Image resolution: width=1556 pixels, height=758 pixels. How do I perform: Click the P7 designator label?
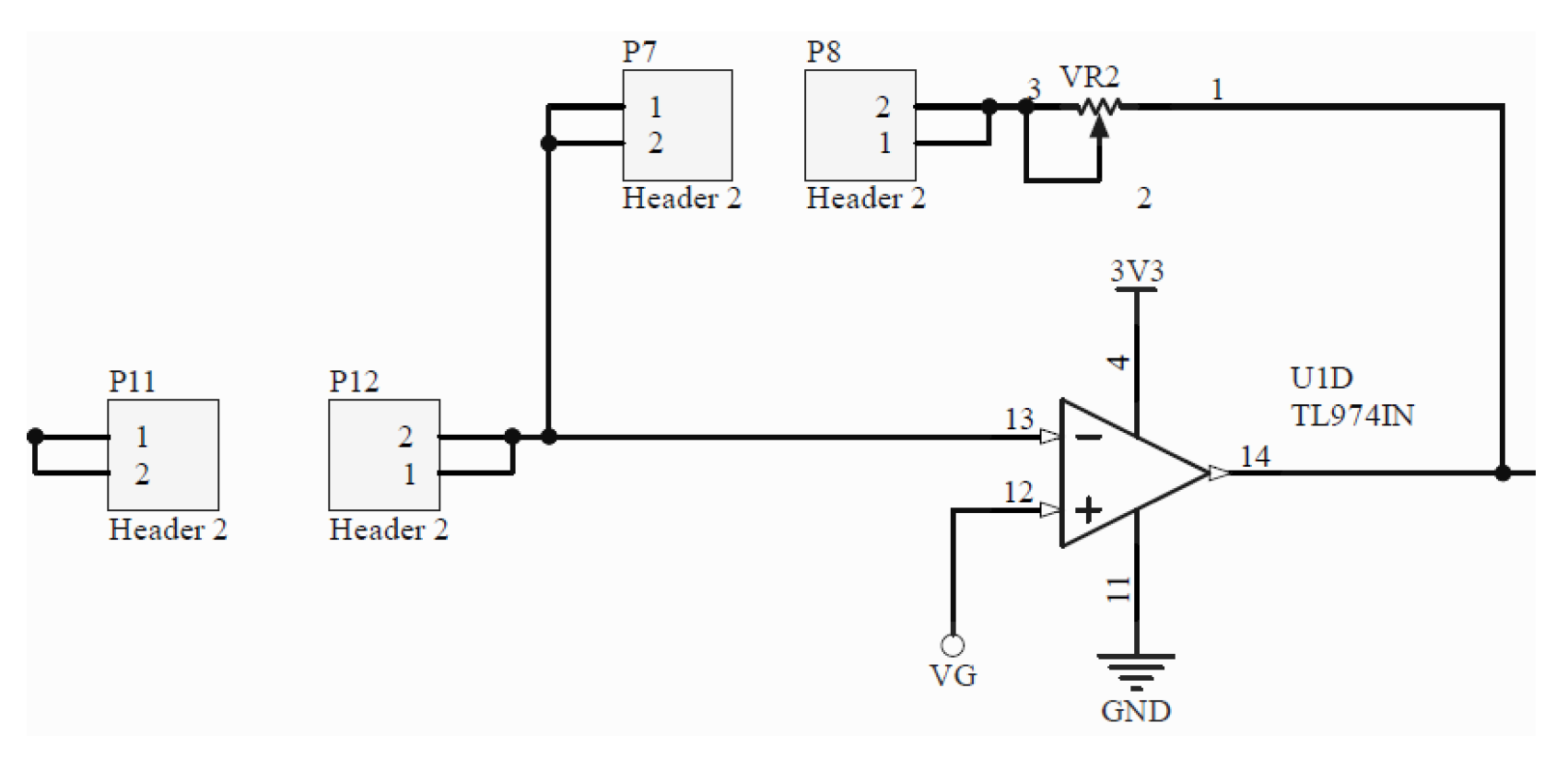point(639,52)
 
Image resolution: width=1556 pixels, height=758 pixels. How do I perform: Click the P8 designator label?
point(823,52)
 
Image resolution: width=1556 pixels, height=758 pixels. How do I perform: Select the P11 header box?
point(163,455)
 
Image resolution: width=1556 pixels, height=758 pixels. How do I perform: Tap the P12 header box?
point(384,455)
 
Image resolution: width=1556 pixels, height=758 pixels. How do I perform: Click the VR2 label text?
point(1089,76)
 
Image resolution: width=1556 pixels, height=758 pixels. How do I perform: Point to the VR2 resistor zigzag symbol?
point(1099,107)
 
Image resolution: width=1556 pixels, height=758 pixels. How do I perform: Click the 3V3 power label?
point(1136,272)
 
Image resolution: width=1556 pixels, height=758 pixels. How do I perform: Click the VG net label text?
point(953,676)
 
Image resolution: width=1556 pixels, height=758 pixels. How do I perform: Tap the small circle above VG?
point(953,645)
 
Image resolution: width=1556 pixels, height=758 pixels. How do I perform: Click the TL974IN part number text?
point(1351,415)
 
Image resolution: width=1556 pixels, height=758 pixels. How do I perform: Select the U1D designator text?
point(1321,379)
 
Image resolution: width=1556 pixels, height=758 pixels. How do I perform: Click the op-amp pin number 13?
point(1019,419)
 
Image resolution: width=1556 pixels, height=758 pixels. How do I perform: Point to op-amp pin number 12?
point(1018,492)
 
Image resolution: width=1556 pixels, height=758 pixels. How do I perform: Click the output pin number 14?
point(1255,456)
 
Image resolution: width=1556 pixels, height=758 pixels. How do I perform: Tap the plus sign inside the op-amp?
point(1088,509)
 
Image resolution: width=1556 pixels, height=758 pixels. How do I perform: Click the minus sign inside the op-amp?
point(1088,437)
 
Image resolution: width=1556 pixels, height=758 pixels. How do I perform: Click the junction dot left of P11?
point(35,436)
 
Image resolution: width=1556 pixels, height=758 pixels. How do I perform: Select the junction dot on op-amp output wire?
point(1503,473)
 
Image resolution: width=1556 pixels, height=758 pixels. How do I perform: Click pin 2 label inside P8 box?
point(883,107)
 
